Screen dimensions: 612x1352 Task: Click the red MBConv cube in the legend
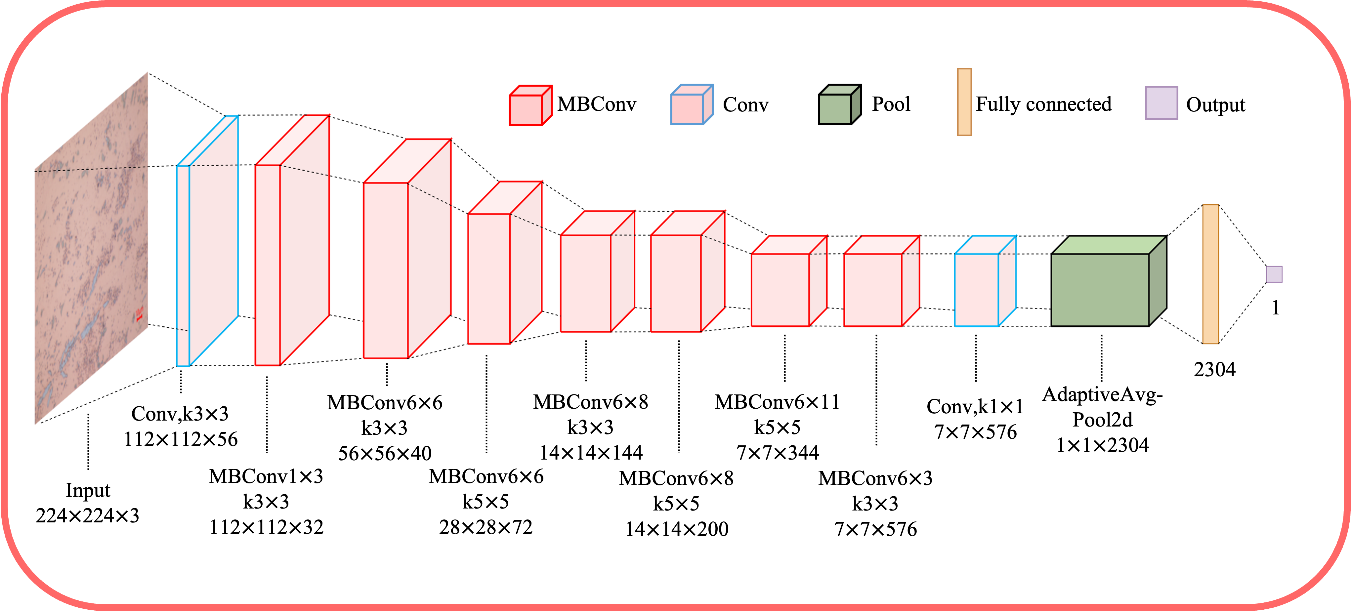coord(529,106)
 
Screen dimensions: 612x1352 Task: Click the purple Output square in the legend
coord(1161,103)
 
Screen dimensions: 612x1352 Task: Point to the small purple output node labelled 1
coord(1274,274)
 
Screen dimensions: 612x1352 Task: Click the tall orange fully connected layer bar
coord(1210,274)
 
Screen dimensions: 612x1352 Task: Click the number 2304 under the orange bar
coord(1214,370)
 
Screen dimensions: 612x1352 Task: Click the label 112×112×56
coord(181,439)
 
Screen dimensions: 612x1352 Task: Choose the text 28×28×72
coord(486,527)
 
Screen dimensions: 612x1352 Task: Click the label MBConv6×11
coord(777,402)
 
